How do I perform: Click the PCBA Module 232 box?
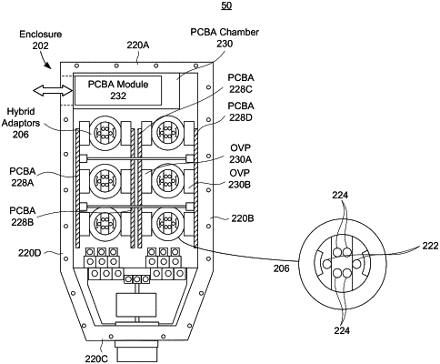coord(118,90)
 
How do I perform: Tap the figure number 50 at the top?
coord(226,5)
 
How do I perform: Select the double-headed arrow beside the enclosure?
coord(53,90)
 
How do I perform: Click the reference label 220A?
coord(138,45)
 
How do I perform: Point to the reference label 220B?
coord(243,218)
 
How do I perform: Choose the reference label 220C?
coord(96,359)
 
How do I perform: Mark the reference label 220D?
coord(29,253)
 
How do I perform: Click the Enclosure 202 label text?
coord(41,40)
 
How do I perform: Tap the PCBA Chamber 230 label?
coord(225,38)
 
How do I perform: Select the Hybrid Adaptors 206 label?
coord(21,123)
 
